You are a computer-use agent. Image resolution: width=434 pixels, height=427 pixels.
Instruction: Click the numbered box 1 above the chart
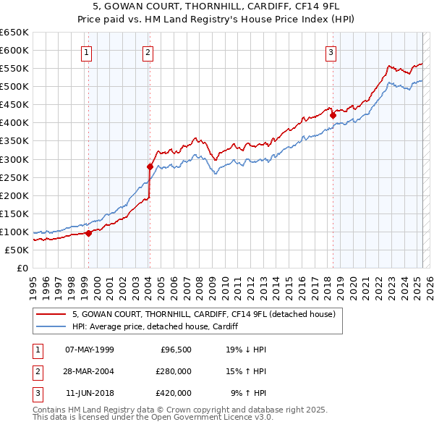coord(87,52)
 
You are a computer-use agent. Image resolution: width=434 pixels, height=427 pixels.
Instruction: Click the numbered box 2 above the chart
coord(148,52)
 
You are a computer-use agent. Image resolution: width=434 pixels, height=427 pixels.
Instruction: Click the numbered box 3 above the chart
coord(331,52)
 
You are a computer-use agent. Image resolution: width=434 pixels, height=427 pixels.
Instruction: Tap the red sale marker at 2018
coord(333,114)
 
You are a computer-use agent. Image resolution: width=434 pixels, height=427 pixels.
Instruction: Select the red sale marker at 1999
coord(88,233)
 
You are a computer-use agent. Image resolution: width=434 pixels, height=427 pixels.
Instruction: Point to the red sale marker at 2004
coord(150,166)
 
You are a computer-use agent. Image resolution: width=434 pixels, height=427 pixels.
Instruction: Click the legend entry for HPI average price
coord(156,326)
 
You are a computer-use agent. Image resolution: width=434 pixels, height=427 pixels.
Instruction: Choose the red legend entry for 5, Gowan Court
coord(203,315)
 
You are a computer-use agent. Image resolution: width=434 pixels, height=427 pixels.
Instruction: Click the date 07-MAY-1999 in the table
coord(90,350)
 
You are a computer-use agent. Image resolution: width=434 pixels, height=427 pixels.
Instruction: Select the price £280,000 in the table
coord(174,371)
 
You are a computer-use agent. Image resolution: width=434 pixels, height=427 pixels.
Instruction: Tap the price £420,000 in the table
coord(174,393)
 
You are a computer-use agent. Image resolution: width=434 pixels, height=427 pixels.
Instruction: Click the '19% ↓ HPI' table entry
coord(246,350)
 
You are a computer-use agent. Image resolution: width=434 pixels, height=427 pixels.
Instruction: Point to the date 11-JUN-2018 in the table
coord(90,393)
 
